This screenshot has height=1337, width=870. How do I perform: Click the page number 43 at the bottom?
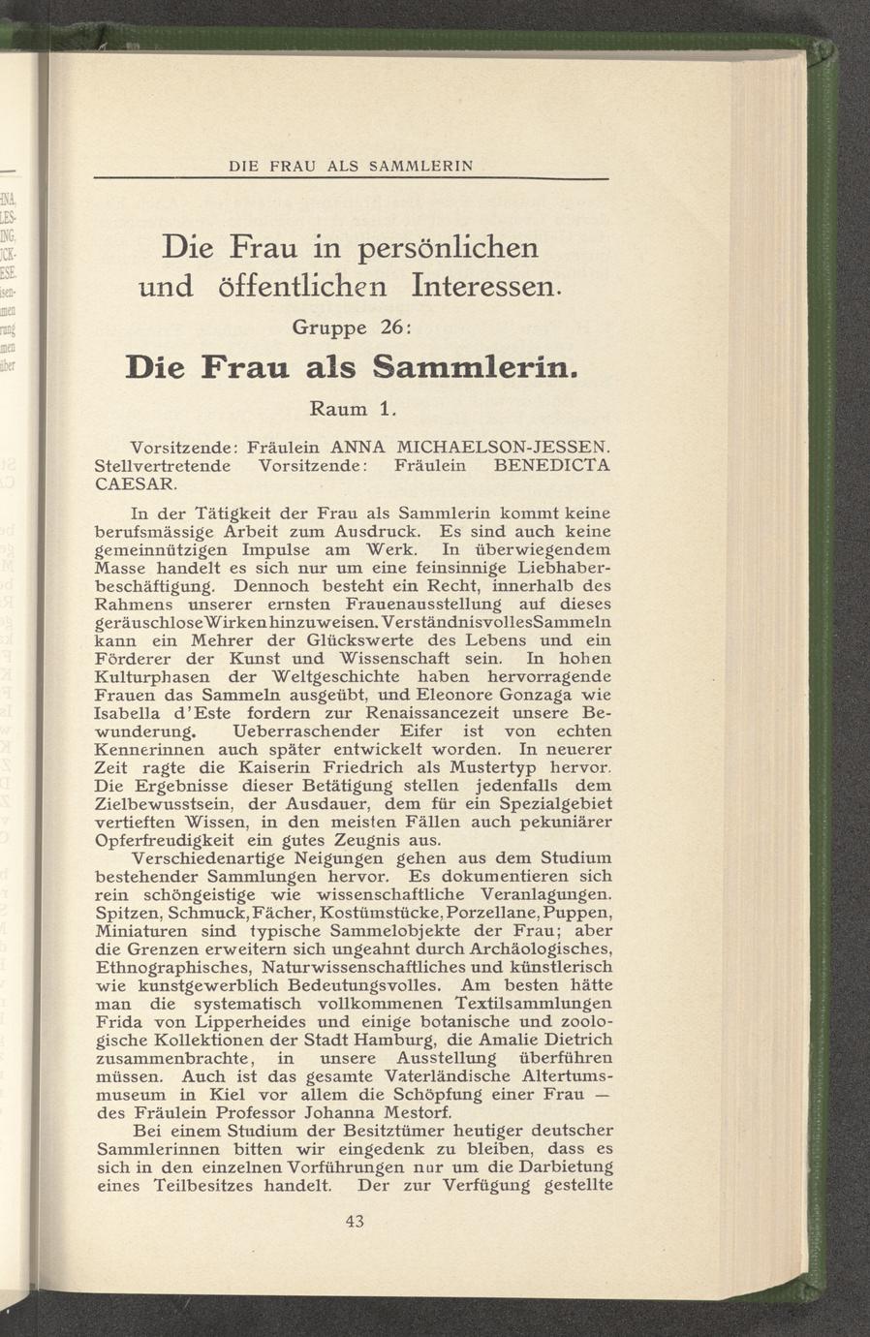(354, 1222)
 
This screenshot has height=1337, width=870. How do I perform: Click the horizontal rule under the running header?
(350, 178)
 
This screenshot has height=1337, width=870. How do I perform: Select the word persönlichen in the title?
(449, 247)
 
